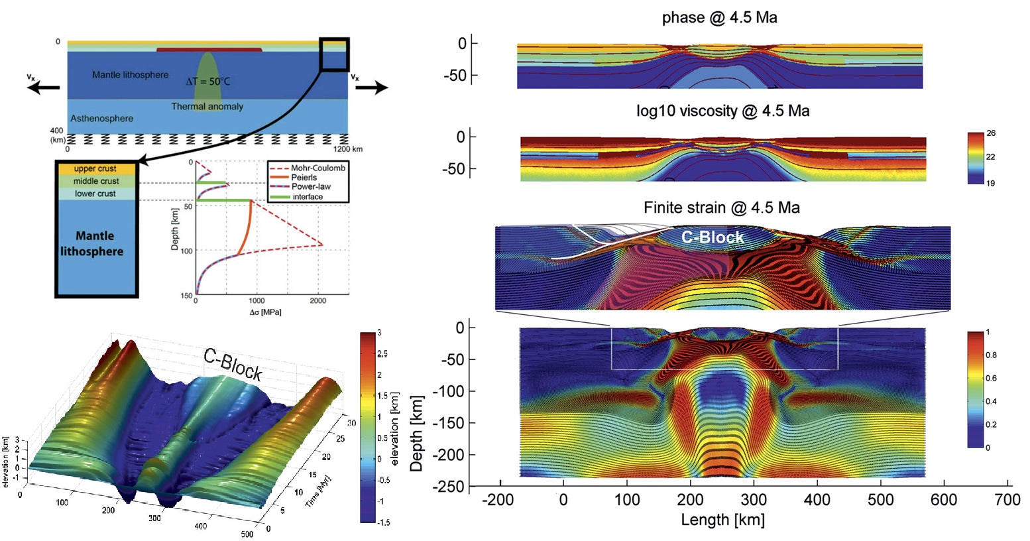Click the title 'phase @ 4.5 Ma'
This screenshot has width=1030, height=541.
(719, 18)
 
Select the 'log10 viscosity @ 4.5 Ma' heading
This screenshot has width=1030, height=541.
(722, 111)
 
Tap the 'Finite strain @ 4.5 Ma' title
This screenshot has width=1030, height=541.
(722, 208)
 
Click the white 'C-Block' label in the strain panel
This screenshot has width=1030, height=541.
(713, 237)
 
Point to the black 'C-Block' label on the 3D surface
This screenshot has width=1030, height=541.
(233, 364)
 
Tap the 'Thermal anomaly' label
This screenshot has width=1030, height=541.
(207, 106)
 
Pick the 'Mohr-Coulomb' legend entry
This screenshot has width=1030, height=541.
(318, 168)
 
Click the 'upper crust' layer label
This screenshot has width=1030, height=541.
(95, 168)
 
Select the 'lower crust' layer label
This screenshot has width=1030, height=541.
(95, 194)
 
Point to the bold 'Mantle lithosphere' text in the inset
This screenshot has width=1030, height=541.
(92, 243)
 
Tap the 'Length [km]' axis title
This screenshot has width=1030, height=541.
(722, 520)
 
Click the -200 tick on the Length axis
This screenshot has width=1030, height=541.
(498, 499)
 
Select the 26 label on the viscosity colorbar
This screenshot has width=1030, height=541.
(991, 133)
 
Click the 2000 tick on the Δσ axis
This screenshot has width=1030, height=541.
(317, 301)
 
